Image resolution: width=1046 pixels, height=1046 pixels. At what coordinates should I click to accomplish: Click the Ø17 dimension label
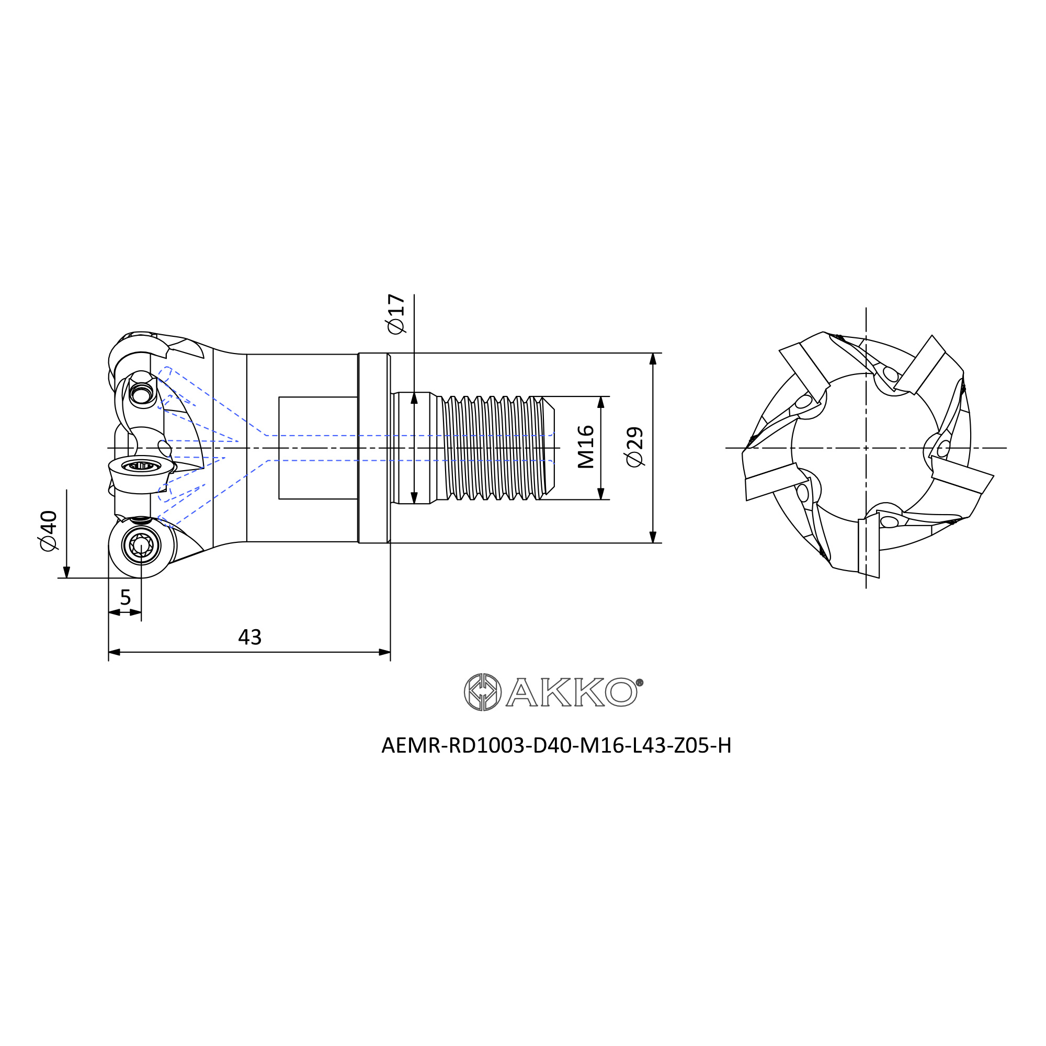pyautogui.click(x=396, y=314)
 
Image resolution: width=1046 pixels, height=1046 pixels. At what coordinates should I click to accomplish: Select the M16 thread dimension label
pyautogui.click(x=586, y=447)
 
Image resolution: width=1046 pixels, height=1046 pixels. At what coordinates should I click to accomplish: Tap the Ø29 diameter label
pyautogui.click(x=634, y=447)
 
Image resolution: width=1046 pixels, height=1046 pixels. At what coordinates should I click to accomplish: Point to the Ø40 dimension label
pyautogui.click(x=48, y=530)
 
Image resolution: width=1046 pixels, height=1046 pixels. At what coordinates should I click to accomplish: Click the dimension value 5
pyautogui.click(x=126, y=598)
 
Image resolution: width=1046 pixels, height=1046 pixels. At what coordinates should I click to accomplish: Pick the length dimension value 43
pyautogui.click(x=249, y=637)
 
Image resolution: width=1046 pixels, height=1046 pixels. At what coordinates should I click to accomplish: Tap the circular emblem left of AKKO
pyautogui.click(x=482, y=692)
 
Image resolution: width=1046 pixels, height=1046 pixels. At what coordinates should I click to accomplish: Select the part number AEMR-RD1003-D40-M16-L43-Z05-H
pyautogui.click(x=556, y=745)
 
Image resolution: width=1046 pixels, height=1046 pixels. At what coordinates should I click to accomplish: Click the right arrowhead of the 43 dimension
pyautogui.click(x=384, y=652)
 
